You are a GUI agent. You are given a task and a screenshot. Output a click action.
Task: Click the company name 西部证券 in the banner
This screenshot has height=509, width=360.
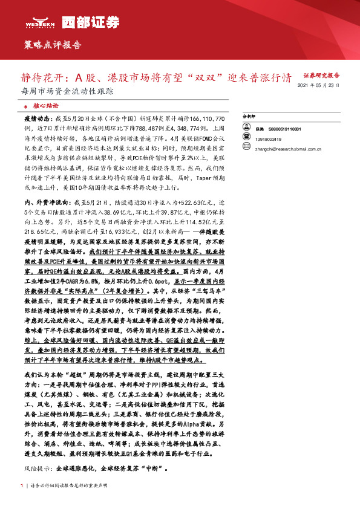[82, 22]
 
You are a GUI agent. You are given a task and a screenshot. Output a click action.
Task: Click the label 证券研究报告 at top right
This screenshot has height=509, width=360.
[321, 76]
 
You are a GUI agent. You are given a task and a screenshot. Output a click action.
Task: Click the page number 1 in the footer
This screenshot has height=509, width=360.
[22, 485]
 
